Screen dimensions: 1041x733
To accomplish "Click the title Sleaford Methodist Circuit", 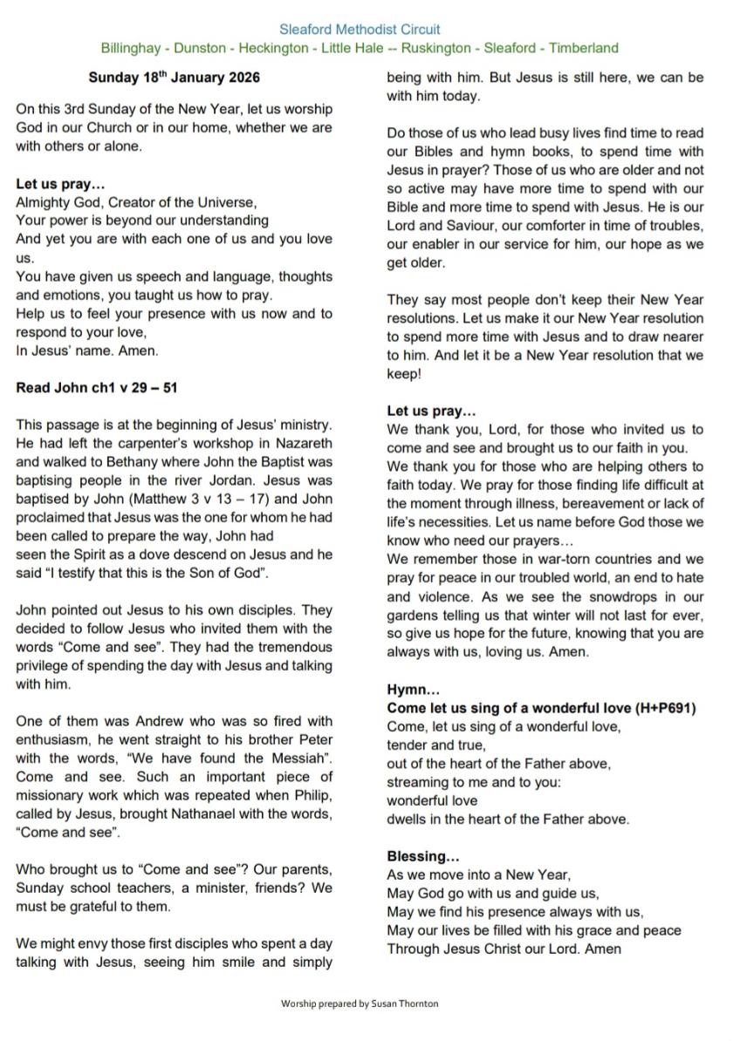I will click(360, 30).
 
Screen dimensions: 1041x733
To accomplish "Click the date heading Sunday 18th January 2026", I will click(174, 78).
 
